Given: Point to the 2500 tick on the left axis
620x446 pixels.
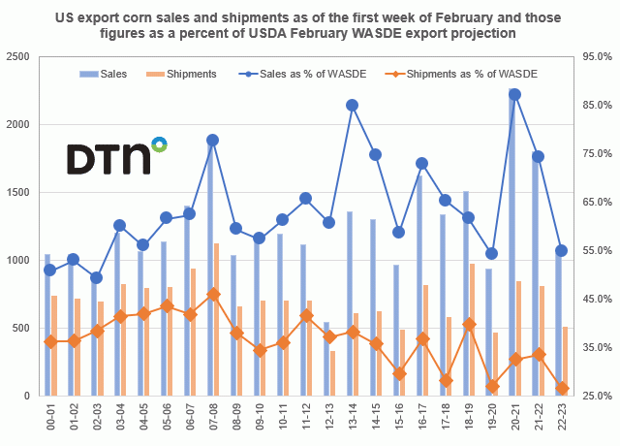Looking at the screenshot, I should tap(17, 57).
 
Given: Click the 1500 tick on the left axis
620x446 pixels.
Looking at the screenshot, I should tap(17, 193).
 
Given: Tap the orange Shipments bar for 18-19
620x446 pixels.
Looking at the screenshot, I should tap(473, 330).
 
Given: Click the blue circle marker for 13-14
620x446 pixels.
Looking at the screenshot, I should tap(352, 105).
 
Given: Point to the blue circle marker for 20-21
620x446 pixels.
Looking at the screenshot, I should tap(514, 94).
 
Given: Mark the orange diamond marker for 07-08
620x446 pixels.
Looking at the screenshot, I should tap(213, 294).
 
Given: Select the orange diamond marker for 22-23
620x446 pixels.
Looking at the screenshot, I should tap(562, 388).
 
